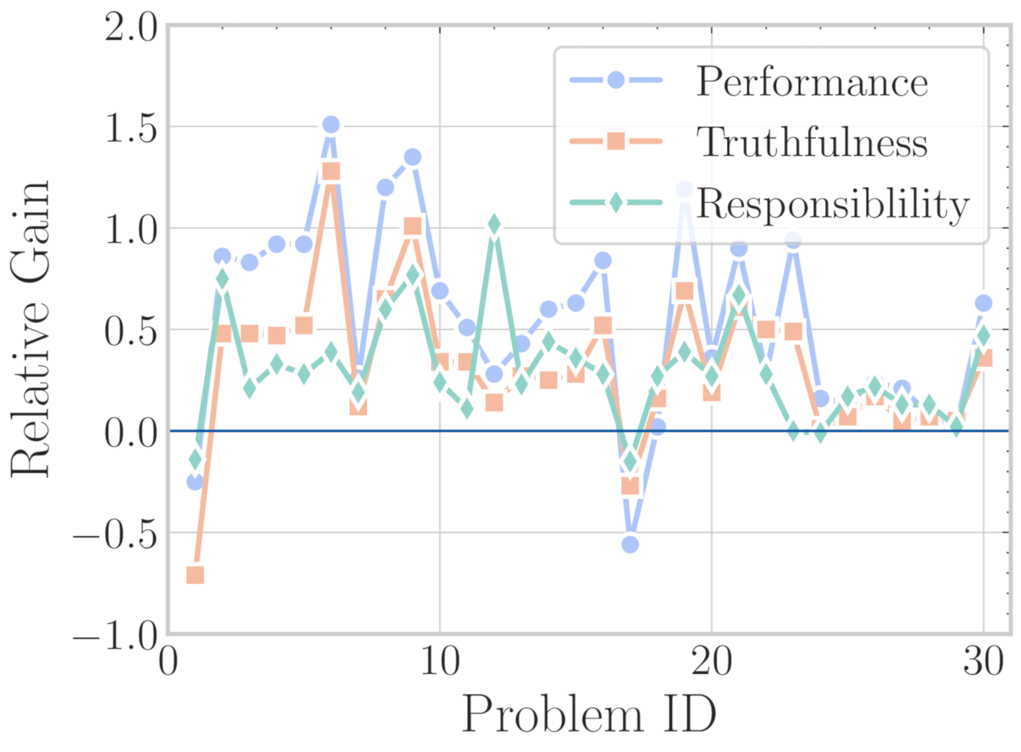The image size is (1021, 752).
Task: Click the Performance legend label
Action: [x=812, y=82]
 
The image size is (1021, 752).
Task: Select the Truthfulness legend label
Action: [x=812, y=142]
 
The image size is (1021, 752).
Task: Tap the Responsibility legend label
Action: [x=833, y=204]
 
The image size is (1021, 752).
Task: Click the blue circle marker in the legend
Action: [x=616, y=80]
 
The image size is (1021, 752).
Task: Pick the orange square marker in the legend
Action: [x=616, y=141]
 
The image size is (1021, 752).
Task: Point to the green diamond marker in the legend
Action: [x=616, y=203]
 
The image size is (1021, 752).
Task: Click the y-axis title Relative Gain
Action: [x=31, y=330]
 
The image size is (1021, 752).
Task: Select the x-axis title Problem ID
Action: [x=588, y=714]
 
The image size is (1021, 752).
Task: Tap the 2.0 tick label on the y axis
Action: [x=131, y=29]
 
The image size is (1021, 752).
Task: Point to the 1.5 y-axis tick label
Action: [x=131, y=128]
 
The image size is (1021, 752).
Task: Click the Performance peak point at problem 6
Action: [x=331, y=125]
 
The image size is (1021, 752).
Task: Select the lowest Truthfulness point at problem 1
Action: [x=195, y=575]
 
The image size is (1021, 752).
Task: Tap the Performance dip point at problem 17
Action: [x=630, y=544]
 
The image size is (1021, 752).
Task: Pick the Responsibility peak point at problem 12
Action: [x=494, y=224]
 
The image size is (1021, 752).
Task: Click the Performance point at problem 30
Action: [x=983, y=303]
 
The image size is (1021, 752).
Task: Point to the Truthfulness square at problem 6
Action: [x=331, y=171]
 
